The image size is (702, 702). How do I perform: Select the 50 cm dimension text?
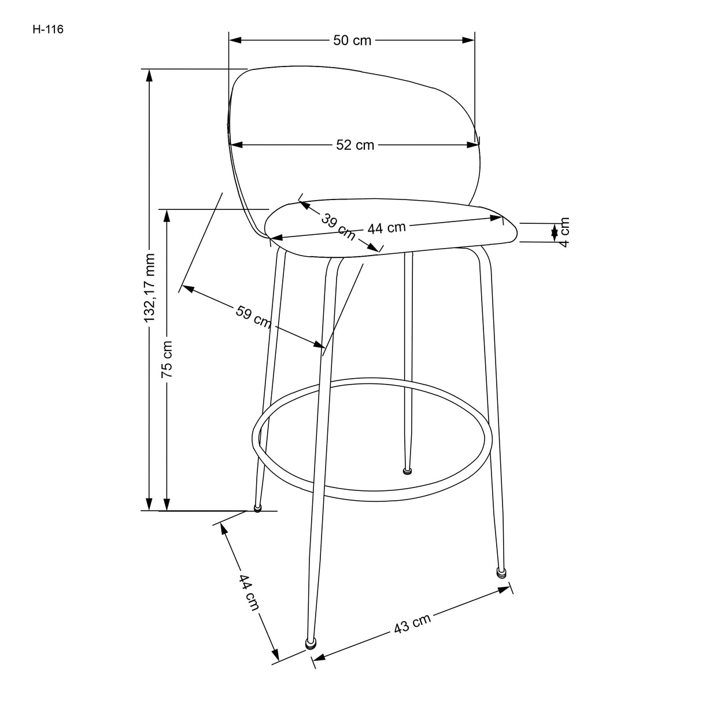[x=352, y=40]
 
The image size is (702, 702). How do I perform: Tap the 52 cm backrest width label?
[x=355, y=145]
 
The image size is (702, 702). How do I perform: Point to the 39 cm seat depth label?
[x=338, y=227]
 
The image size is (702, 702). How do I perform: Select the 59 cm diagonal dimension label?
[x=253, y=317]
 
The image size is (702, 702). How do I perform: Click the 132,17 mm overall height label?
[x=150, y=287]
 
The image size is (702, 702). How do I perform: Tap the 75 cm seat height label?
[x=167, y=359]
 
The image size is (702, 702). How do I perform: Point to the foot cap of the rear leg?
[x=408, y=471]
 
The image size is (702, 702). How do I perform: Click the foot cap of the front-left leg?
[x=311, y=643]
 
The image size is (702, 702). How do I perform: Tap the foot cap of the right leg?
[x=501, y=573]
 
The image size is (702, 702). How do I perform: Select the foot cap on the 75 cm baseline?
[x=257, y=508]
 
